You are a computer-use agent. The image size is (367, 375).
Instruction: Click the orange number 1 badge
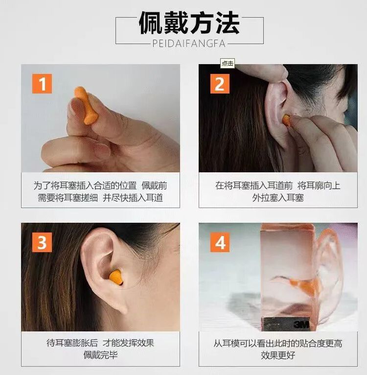[42, 83]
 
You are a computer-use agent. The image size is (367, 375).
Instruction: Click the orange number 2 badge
[220, 83]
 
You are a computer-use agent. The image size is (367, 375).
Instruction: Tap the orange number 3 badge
[42, 242]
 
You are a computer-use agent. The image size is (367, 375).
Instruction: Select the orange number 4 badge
[220, 242]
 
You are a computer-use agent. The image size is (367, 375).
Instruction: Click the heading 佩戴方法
[189, 23]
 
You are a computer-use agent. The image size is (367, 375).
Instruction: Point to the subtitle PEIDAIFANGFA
[189, 44]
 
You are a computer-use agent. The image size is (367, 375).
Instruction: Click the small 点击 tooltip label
[228, 63]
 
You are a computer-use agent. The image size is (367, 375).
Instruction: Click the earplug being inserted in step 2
[286, 120]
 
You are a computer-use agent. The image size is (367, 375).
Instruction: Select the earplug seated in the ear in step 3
[115, 278]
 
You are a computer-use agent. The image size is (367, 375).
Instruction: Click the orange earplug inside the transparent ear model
[304, 284]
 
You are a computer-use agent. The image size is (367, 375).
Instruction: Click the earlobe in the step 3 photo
[121, 307]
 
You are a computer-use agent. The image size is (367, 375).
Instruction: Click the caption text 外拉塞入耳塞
[278, 198]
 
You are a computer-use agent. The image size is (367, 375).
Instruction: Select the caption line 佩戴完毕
[101, 354]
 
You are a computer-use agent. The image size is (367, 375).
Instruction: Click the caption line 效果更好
[278, 355]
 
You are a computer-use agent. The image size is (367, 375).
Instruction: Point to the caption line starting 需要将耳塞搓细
[100, 198]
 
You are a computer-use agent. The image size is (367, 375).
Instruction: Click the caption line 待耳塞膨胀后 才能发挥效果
[100, 343]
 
